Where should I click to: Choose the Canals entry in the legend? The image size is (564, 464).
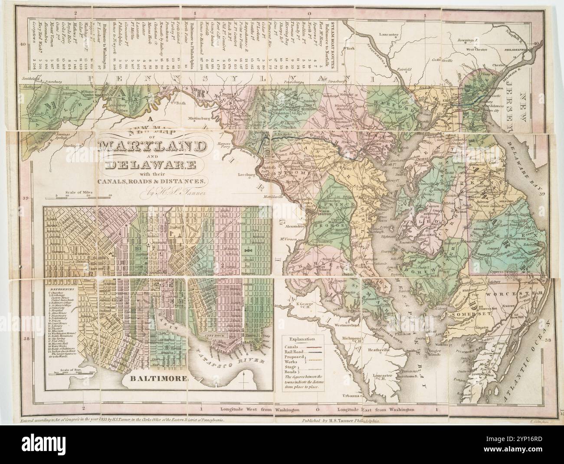pos(292,346)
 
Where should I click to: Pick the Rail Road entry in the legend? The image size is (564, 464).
pos(294,352)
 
